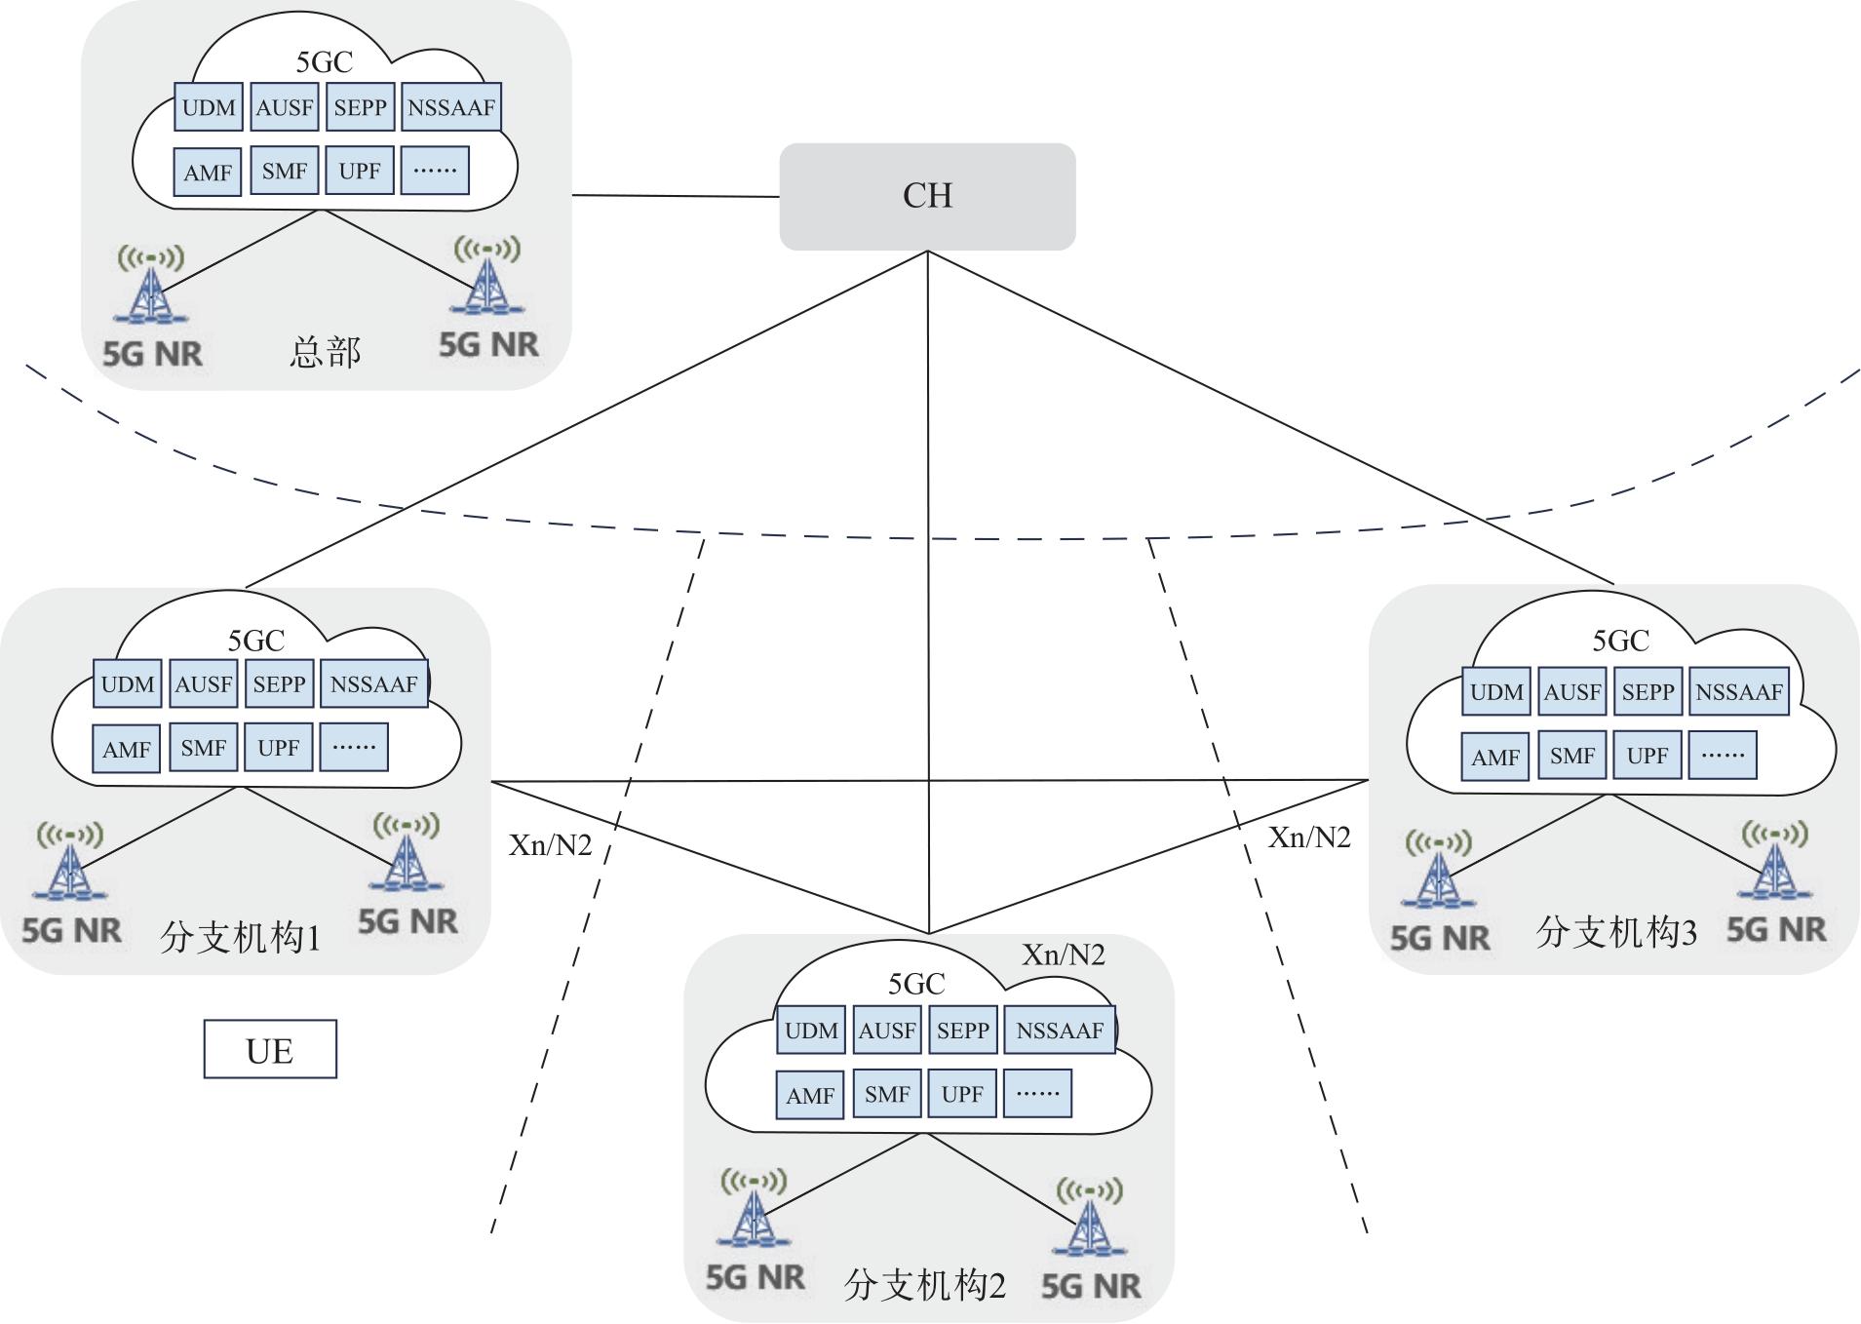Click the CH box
tap(927, 196)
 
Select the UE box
tap(270, 1050)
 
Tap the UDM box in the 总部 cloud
tap(209, 107)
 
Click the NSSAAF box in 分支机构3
tap(1739, 692)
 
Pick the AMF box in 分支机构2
tap(810, 1096)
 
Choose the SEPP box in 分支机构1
tap(279, 684)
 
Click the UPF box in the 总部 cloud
tap(360, 172)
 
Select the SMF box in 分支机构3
tap(1571, 757)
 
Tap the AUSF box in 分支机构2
tap(886, 1031)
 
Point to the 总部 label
tap(325, 352)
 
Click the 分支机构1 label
tap(240, 938)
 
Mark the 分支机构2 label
tap(924, 1285)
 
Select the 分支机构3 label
tap(1615, 933)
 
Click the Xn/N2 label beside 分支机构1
tap(550, 845)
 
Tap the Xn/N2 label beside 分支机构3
tap(1308, 837)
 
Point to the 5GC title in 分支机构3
tap(1620, 641)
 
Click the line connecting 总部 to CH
tap(676, 196)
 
